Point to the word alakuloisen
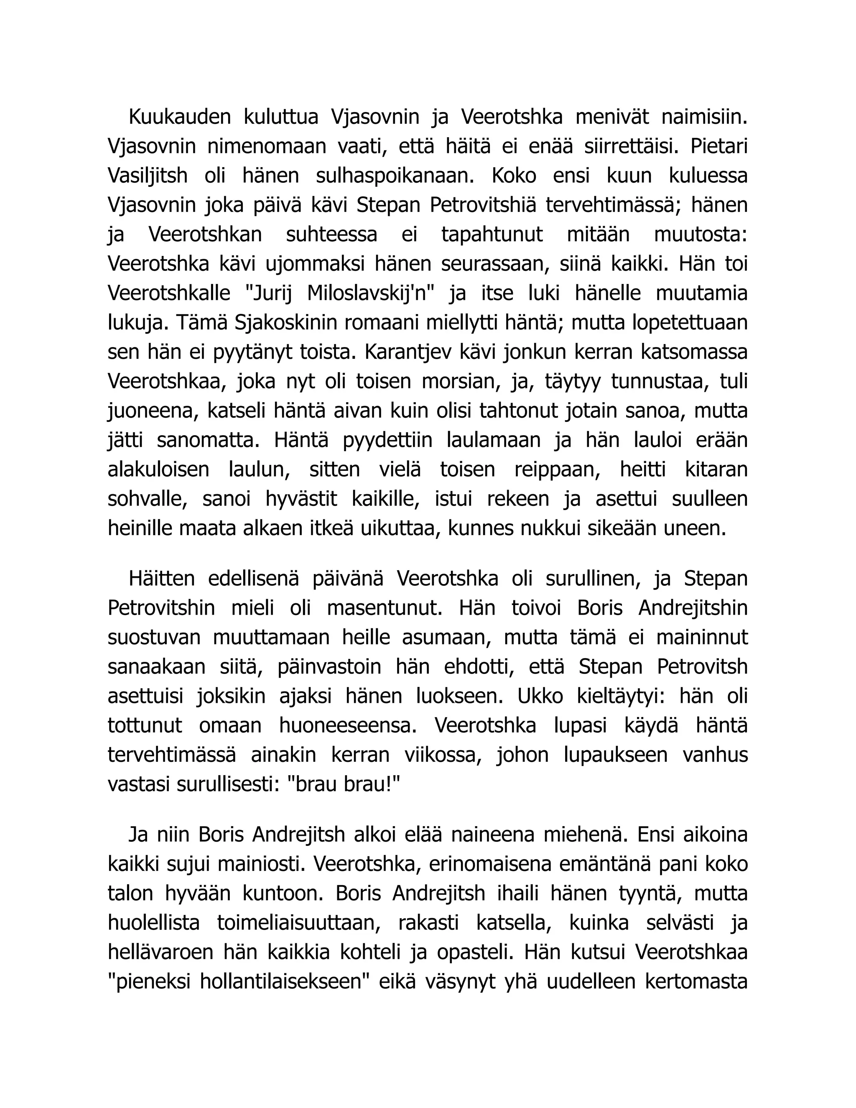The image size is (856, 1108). (x=158, y=470)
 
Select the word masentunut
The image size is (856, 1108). (x=385, y=608)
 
